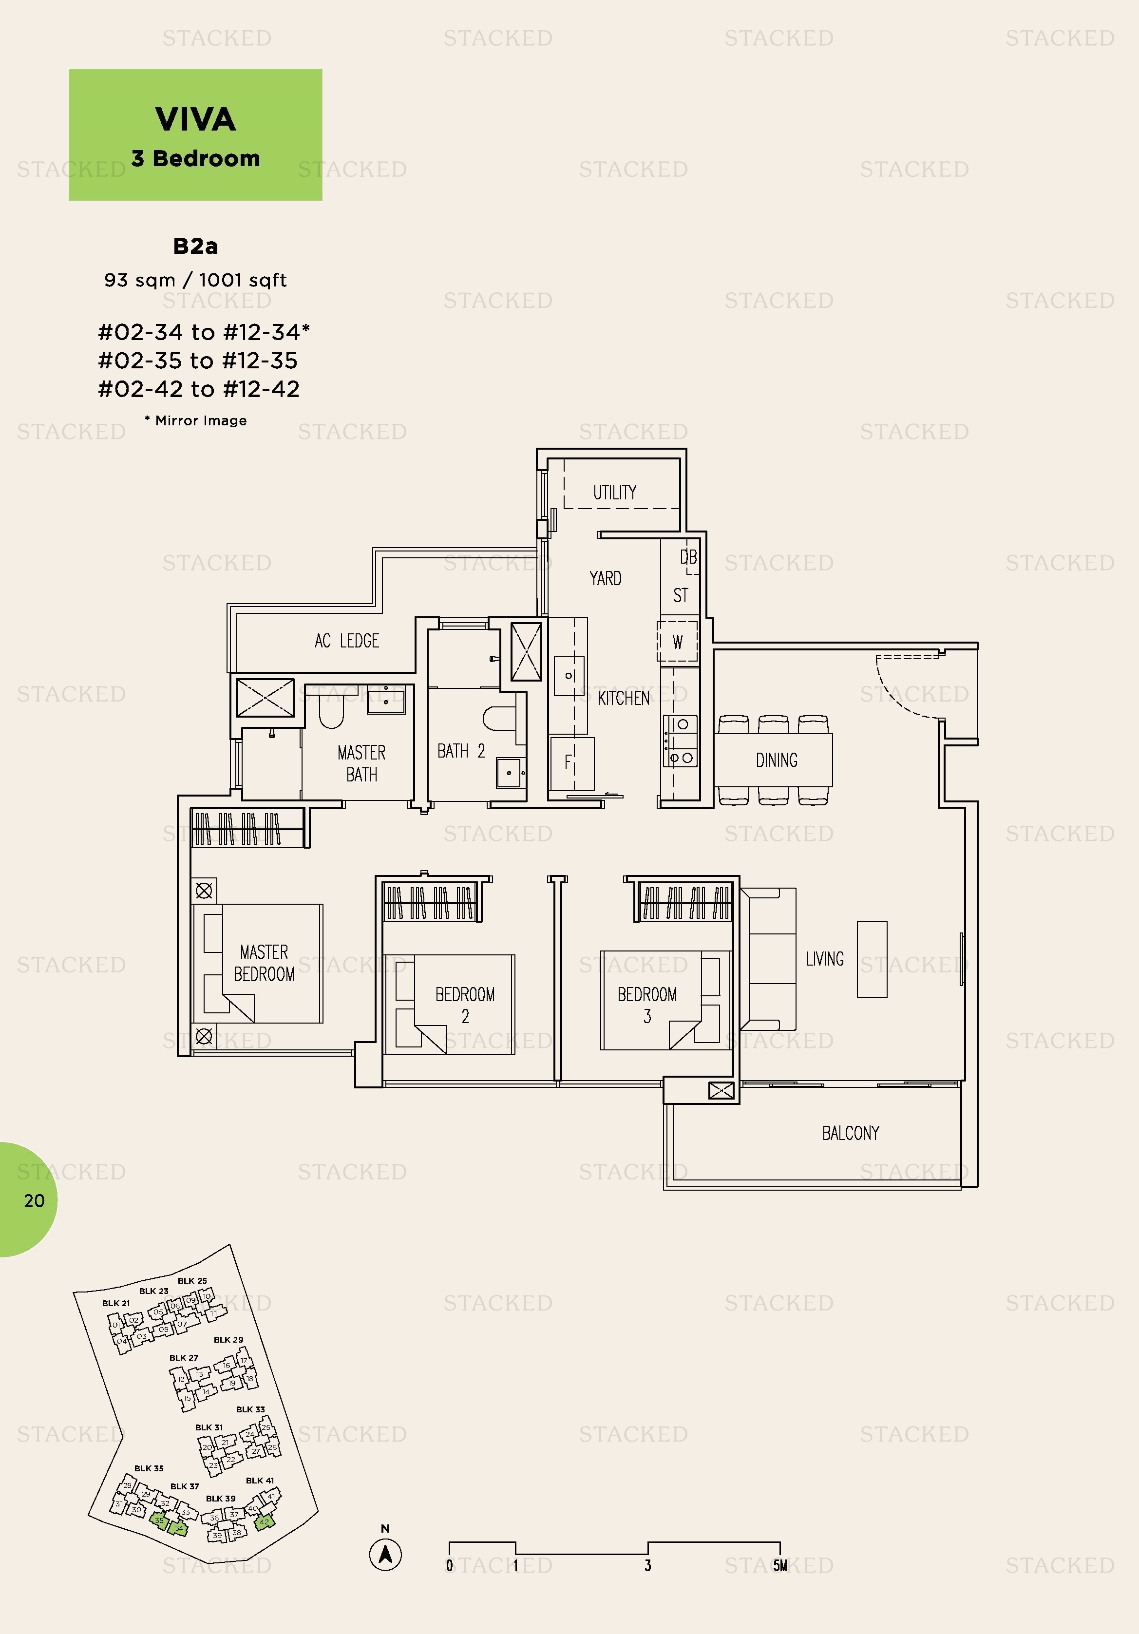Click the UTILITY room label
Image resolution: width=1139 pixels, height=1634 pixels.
(614, 493)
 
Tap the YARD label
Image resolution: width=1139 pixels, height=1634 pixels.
(605, 578)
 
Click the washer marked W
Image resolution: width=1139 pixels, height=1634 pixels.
(677, 642)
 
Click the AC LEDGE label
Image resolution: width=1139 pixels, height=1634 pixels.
(347, 641)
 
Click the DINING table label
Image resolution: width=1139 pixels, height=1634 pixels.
(776, 760)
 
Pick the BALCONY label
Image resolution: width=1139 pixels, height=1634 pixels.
(850, 1133)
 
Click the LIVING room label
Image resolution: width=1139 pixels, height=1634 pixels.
(824, 959)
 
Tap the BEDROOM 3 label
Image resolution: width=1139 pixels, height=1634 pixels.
(646, 1004)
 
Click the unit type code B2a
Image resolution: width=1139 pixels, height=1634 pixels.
(195, 246)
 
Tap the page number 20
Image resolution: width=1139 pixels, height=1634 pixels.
(34, 1200)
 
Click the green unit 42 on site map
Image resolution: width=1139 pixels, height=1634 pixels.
(264, 1522)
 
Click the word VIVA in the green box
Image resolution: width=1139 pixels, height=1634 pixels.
(195, 119)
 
